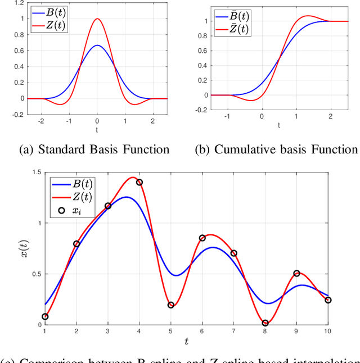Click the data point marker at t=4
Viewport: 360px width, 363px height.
[139, 183]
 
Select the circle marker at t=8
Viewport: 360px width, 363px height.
[265, 323]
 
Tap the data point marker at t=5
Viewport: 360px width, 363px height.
[171, 305]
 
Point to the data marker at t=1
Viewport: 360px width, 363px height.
[45, 317]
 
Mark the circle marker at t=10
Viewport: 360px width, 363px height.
[328, 300]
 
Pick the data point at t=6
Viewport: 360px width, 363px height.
[202, 238]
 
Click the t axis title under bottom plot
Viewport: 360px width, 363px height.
[186, 341]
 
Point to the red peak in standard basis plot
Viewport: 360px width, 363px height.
[97, 19]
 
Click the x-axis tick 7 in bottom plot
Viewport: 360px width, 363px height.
[233, 332]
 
